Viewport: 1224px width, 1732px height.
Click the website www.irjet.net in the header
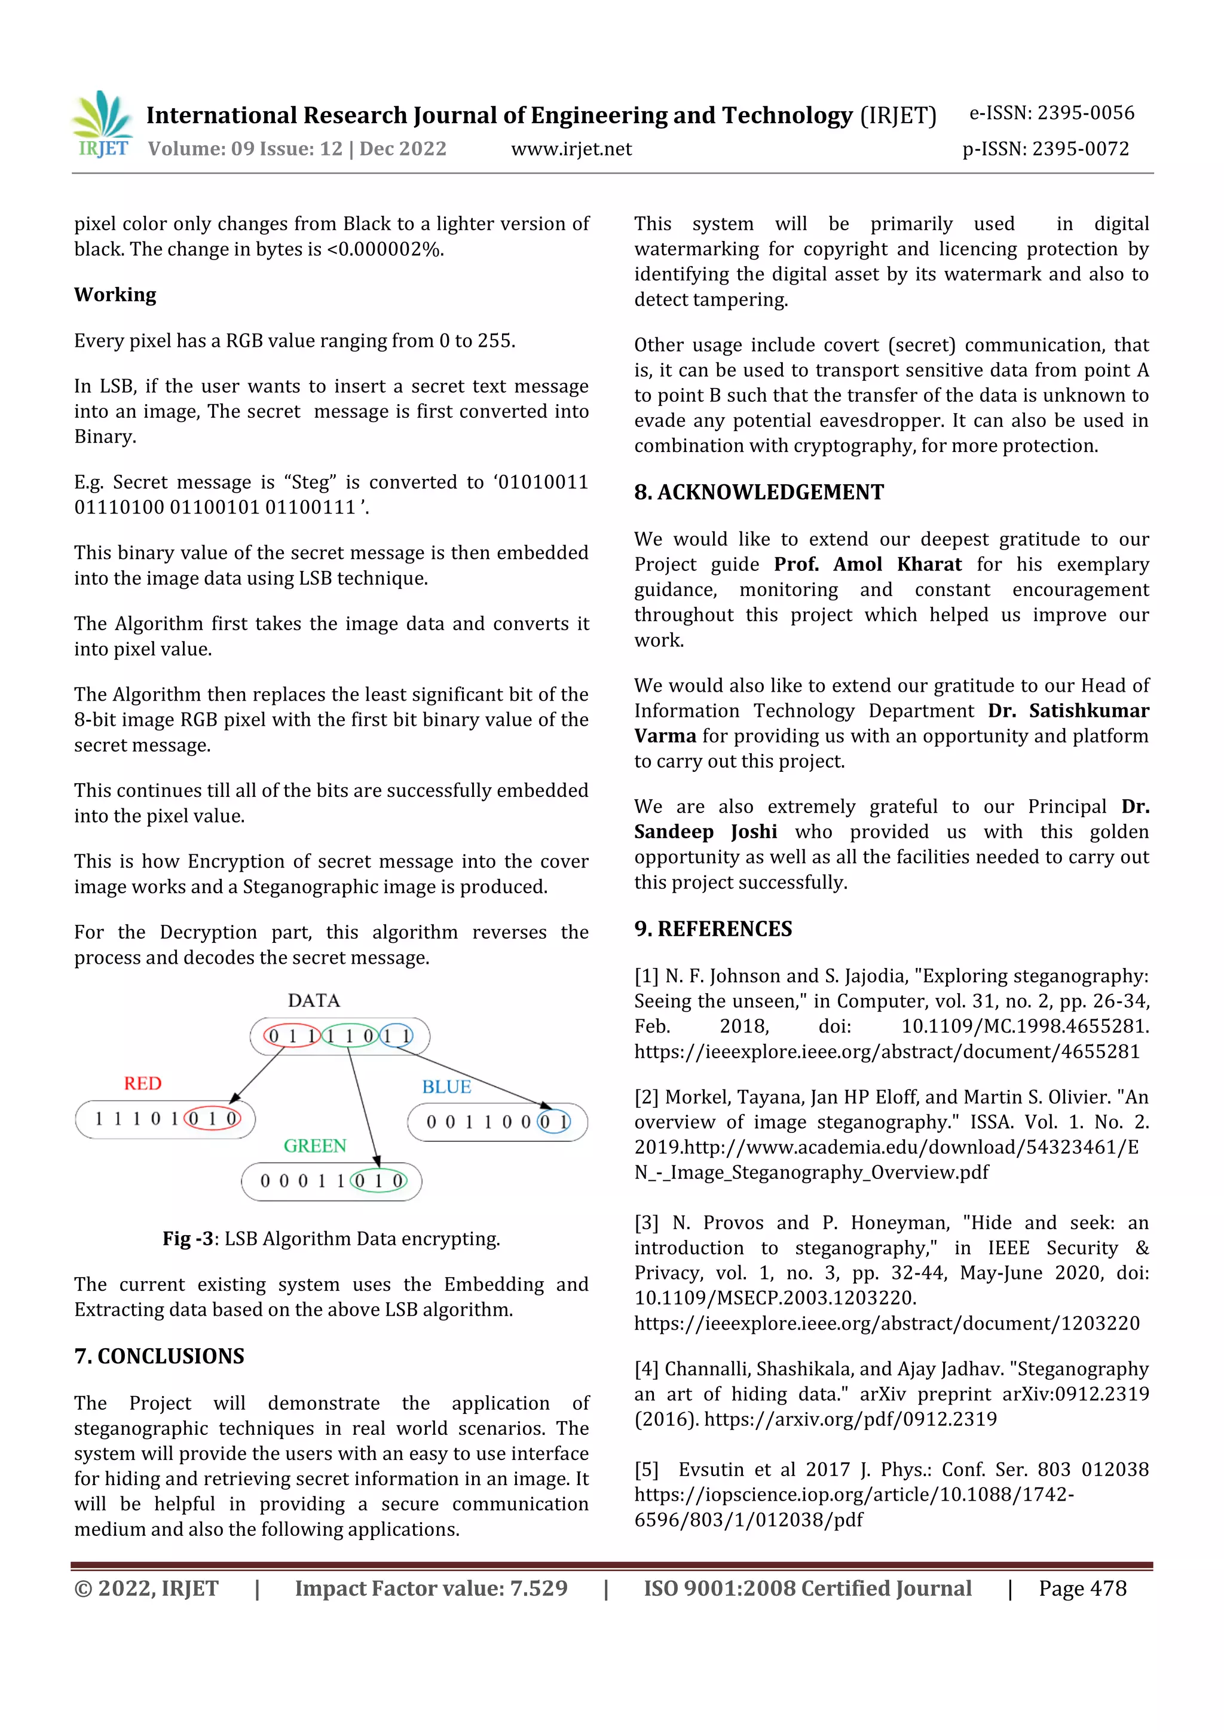tap(571, 149)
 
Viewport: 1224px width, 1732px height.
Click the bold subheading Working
tap(115, 295)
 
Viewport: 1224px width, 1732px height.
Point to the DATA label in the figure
tap(314, 1000)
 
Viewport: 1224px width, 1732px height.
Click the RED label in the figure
tap(142, 1083)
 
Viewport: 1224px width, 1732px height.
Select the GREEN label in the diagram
tap(314, 1146)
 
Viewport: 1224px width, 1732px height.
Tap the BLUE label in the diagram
tap(446, 1087)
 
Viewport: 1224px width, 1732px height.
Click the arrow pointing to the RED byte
tap(256, 1075)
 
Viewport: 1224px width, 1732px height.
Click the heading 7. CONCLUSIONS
tap(159, 1357)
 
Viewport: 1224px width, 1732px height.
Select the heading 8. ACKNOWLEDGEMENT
tap(758, 493)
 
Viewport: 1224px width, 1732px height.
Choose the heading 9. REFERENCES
tap(712, 929)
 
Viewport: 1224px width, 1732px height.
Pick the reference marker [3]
tap(646, 1223)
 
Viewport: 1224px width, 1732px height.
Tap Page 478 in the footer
tap(1082, 1589)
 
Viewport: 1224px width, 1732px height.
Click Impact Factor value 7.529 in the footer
tap(431, 1589)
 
